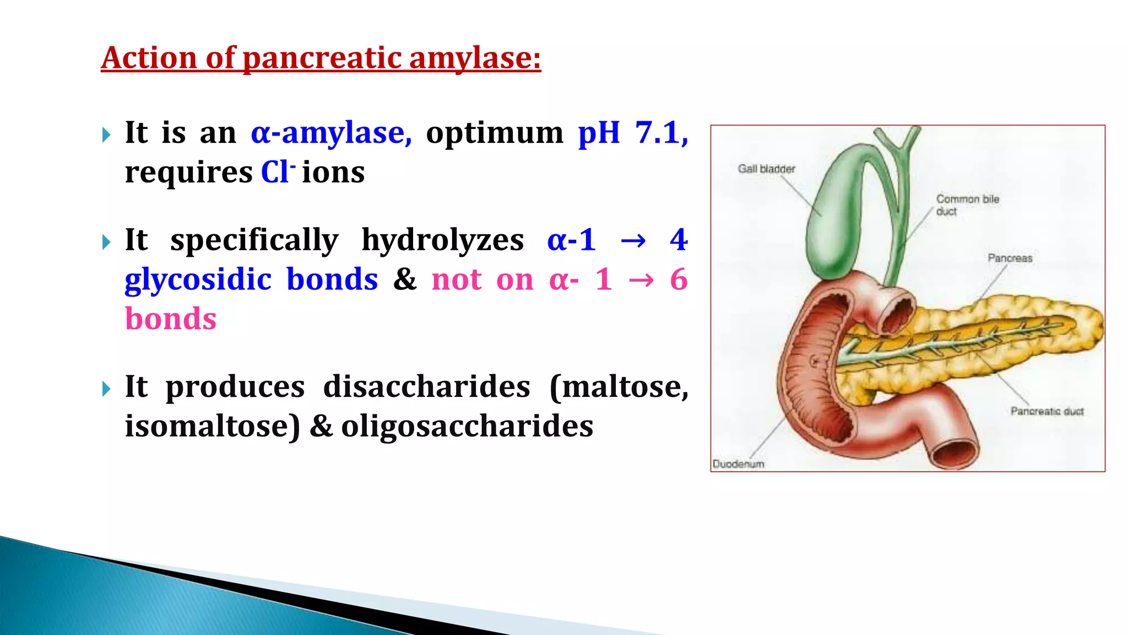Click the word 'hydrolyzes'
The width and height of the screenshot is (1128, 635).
click(x=442, y=240)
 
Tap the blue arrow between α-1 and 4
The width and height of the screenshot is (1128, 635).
click(x=633, y=241)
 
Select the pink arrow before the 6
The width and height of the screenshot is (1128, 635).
click(x=641, y=281)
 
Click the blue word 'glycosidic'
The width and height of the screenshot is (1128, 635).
click(x=198, y=280)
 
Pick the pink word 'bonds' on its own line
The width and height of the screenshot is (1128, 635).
click(x=171, y=319)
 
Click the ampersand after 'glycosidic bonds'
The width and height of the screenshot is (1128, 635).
click(x=405, y=279)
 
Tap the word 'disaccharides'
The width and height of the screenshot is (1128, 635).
click(x=426, y=387)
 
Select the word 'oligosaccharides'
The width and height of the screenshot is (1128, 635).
click(x=467, y=427)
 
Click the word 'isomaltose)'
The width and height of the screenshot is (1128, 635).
click(x=213, y=427)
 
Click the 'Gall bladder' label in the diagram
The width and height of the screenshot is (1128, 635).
click(x=766, y=169)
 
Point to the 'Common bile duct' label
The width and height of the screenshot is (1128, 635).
click(x=967, y=205)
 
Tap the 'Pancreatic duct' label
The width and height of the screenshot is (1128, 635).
click(x=1046, y=411)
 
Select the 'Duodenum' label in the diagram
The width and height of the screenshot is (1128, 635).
click(x=738, y=464)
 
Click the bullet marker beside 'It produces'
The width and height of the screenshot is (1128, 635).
click(x=106, y=389)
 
